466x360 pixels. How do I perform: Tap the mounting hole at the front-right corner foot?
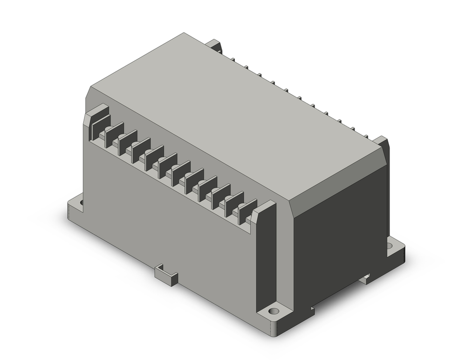click(x=274, y=310)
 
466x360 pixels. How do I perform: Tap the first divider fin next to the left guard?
click(x=114, y=134)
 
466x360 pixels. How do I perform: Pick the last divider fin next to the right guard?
click(x=248, y=210)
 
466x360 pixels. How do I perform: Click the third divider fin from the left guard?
click(x=141, y=149)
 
